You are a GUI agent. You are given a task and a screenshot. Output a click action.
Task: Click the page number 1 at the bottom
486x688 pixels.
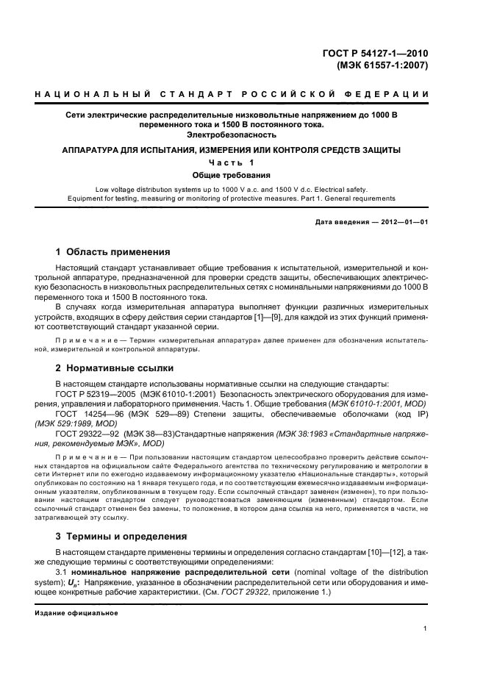pos(426,628)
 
